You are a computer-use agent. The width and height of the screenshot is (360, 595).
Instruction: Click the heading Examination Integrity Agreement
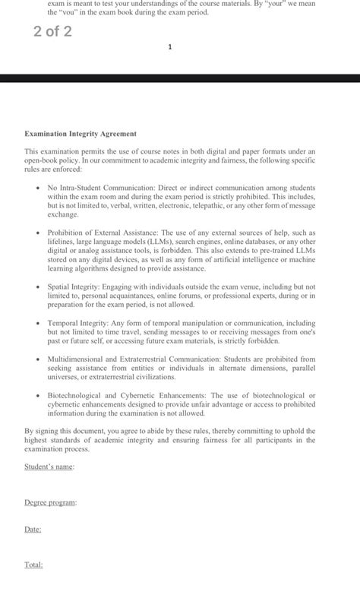click(x=81, y=134)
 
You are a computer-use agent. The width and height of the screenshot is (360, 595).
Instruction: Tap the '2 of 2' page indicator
click(x=52, y=32)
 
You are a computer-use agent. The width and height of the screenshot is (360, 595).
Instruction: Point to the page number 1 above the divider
click(x=170, y=47)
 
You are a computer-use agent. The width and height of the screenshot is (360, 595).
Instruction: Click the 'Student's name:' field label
click(x=49, y=466)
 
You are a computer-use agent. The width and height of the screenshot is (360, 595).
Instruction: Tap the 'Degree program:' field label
click(x=50, y=502)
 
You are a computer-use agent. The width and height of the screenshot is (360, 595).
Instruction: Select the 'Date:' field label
click(x=33, y=529)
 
